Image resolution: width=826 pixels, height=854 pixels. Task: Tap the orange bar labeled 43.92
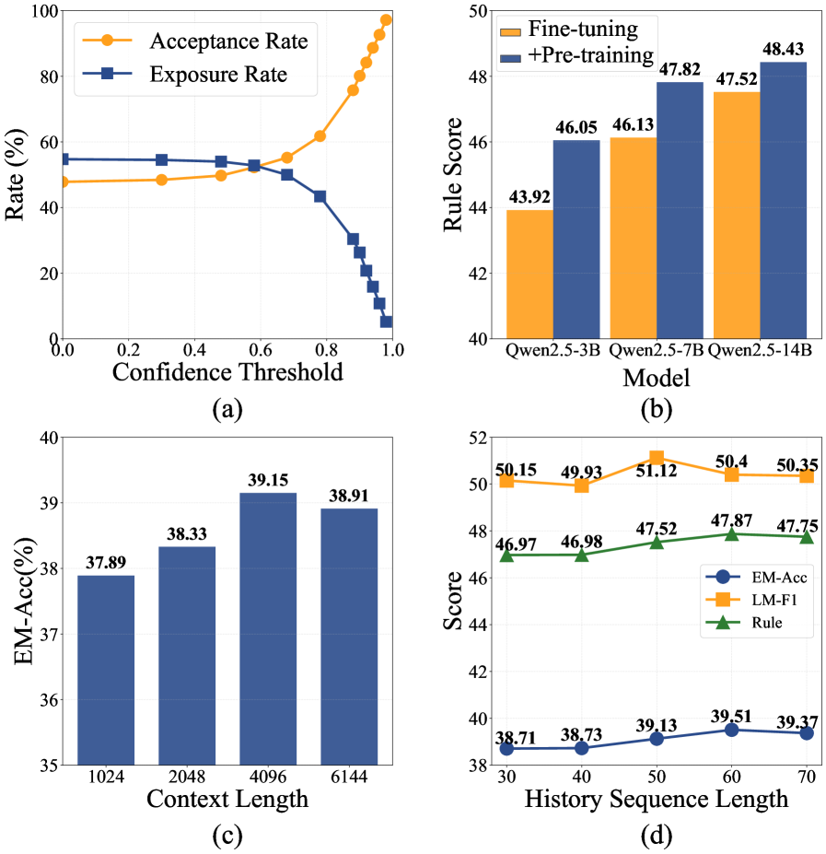click(x=529, y=275)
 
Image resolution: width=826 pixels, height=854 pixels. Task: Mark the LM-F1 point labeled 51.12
click(x=657, y=458)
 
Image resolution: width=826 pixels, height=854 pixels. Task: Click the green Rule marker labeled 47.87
click(x=732, y=534)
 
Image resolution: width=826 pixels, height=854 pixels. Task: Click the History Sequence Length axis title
click(x=656, y=799)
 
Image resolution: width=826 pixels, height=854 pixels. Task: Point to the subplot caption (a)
click(x=227, y=409)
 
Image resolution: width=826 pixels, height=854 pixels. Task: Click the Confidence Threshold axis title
click(x=227, y=371)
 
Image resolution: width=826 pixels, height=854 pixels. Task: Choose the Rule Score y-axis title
click(x=454, y=175)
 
